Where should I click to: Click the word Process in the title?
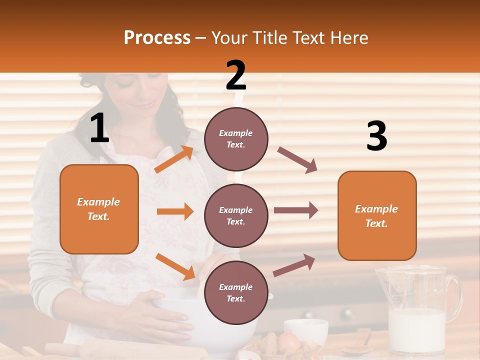[x=157, y=37]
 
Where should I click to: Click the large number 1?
[x=99, y=128]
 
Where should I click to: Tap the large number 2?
[x=236, y=75]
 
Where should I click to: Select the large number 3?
[x=376, y=137]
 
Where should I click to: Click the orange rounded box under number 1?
[x=99, y=209]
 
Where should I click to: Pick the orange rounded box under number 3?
[x=377, y=215]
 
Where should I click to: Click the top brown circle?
[x=236, y=138]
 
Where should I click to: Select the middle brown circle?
[x=236, y=215]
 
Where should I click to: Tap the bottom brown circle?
[x=236, y=292]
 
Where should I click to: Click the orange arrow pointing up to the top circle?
[x=174, y=159]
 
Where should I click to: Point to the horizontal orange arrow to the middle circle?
[x=175, y=211]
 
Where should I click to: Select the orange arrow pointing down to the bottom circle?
[x=175, y=266]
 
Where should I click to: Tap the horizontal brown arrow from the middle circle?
[x=295, y=210]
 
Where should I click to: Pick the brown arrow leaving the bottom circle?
[x=294, y=265]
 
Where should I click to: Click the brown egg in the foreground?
[x=288, y=342]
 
